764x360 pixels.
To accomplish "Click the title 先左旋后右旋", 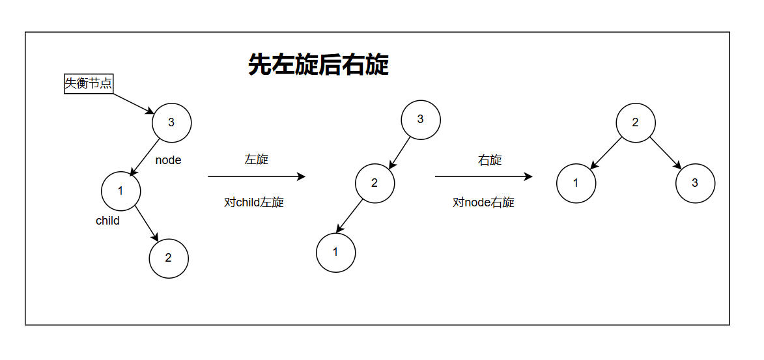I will (x=318, y=65).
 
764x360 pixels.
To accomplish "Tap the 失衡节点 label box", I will (x=89, y=83).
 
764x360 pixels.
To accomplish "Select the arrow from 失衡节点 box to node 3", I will (x=134, y=103).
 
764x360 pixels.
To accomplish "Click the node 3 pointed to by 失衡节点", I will (x=171, y=122).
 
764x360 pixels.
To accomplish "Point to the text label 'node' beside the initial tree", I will (x=168, y=160).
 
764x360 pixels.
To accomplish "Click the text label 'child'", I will (x=107, y=221).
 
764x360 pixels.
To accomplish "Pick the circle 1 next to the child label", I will (x=121, y=191).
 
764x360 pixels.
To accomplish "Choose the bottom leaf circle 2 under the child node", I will (x=169, y=258).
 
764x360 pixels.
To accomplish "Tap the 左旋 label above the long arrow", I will (x=256, y=159).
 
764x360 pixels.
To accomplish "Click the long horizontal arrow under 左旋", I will (x=256, y=176).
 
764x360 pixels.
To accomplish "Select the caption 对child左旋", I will (x=254, y=202).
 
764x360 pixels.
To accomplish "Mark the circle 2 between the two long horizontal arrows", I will (x=375, y=182).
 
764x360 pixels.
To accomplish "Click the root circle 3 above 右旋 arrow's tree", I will (x=420, y=119).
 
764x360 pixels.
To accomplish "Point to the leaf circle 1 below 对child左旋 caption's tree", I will (x=336, y=252).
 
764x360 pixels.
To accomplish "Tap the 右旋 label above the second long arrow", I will (x=490, y=160).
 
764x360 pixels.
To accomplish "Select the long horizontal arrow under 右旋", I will (x=483, y=176).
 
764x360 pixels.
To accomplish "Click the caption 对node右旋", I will (x=483, y=202).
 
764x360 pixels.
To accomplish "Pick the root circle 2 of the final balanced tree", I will (x=636, y=122).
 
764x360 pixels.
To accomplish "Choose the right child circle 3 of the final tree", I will (x=695, y=183).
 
